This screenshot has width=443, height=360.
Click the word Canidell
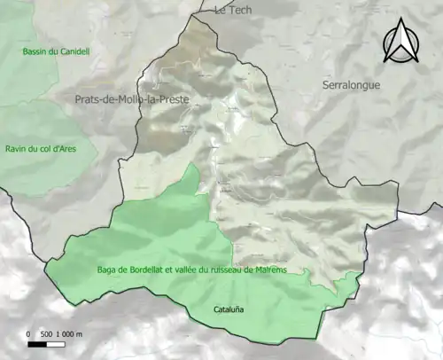pyautogui.click(x=72, y=51)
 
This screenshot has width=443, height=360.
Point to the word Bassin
pyautogui.click(x=39, y=51)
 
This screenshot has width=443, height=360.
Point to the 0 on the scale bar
pyautogui.click(x=29, y=334)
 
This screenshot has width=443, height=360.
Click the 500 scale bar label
pyautogui.click(x=45, y=334)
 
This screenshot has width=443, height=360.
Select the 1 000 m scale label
pyautogui.click(x=69, y=334)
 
